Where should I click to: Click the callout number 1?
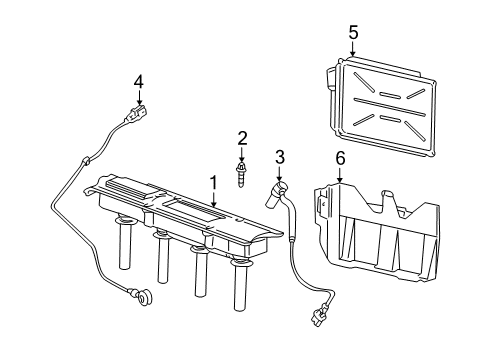point(212,182)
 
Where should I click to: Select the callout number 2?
point(242,137)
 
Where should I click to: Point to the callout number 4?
point(139,80)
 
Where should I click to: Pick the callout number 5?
point(352,33)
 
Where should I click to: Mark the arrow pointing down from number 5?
point(352,50)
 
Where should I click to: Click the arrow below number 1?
point(212,200)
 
